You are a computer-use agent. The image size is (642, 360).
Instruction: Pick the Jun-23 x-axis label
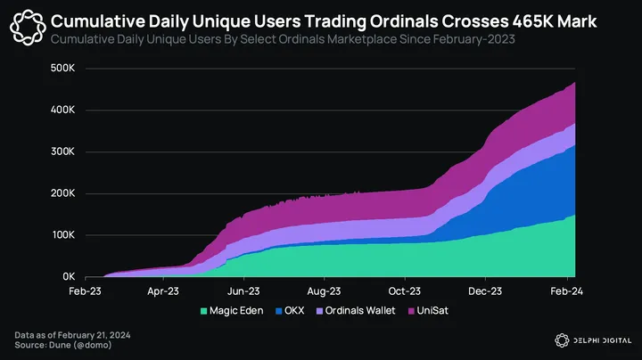[x=243, y=291]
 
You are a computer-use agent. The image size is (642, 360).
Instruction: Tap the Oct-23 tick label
[x=405, y=291]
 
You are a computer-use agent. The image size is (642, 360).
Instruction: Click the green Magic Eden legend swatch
[x=204, y=310]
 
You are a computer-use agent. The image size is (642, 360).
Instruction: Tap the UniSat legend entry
[x=434, y=310]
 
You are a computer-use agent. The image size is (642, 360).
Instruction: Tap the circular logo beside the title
[x=28, y=27]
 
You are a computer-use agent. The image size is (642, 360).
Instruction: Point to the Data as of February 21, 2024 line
[x=72, y=334]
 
